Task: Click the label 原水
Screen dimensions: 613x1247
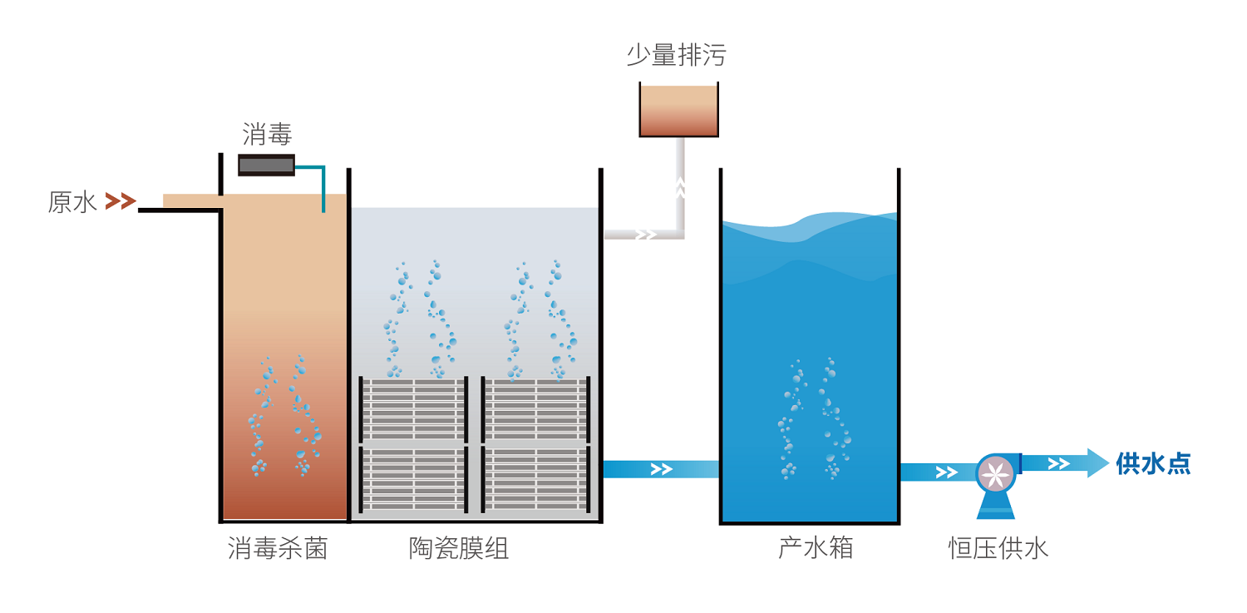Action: point(73,202)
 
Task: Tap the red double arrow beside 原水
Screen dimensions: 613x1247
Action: point(121,200)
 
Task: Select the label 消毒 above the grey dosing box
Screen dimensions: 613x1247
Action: point(267,134)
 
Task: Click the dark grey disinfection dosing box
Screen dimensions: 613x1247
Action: point(267,165)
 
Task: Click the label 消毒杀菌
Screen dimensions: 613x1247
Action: point(278,548)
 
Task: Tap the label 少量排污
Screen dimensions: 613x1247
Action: point(676,56)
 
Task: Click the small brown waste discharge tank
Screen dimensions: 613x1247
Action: point(678,110)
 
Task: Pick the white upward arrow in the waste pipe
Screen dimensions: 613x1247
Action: point(680,189)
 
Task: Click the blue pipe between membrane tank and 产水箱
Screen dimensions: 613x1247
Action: point(660,469)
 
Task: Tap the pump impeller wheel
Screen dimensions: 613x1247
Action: point(996,473)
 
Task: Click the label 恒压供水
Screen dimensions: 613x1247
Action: point(998,548)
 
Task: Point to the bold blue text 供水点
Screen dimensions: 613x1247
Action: point(1153,463)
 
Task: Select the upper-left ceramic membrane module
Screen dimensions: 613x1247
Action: point(413,409)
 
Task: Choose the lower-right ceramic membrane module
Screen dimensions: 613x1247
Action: point(536,479)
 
